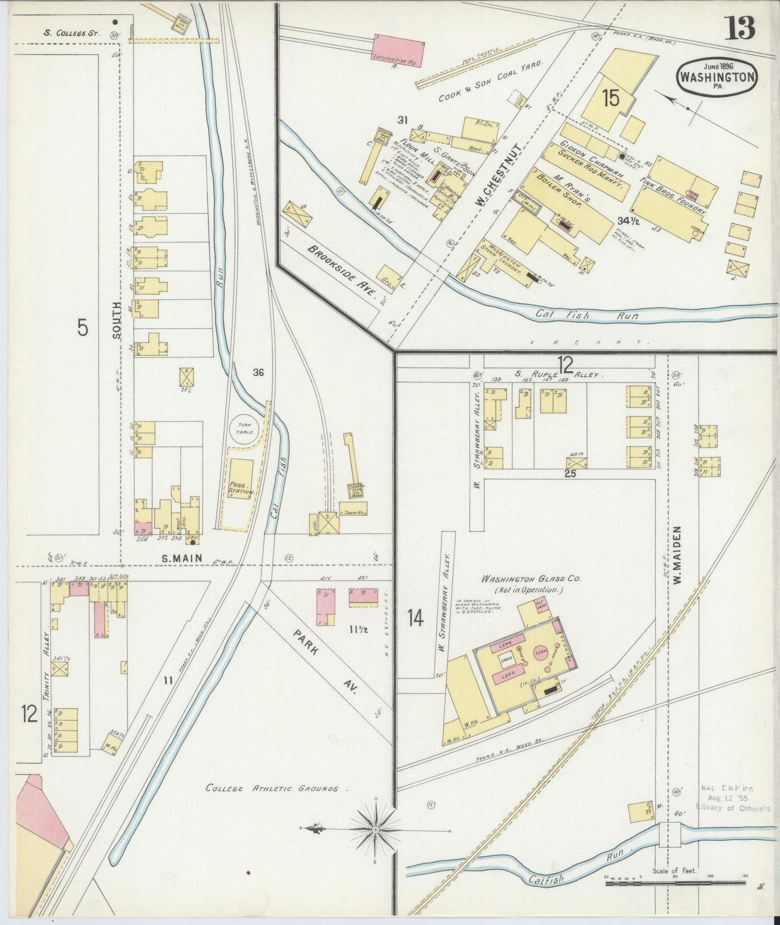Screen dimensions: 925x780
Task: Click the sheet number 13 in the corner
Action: (x=740, y=28)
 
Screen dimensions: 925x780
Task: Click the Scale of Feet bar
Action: (x=674, y=884)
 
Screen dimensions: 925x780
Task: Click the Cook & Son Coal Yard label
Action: (x=490, y=82)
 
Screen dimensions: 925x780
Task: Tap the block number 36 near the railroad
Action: (x=258, y=372)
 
